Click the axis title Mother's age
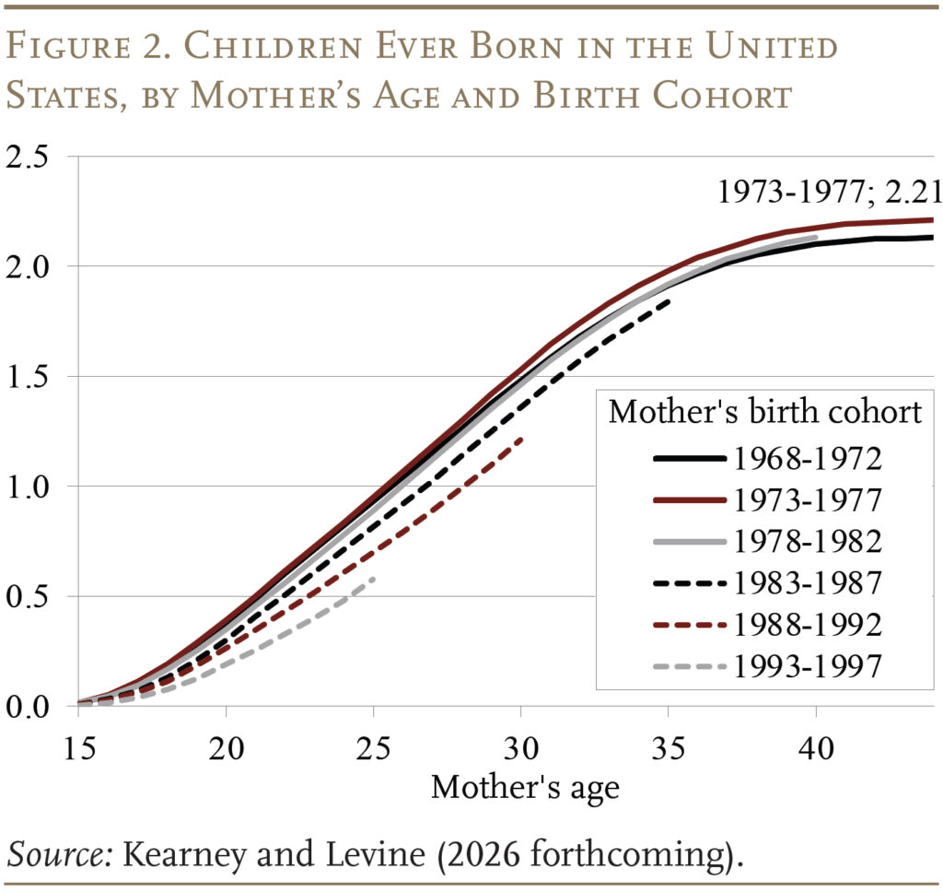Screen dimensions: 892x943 pyautogui.click(x=525, y=787)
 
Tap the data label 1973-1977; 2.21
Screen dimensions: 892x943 pyautogui.click(x=828, y=192)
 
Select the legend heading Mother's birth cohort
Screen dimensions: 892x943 pyautogui.click(x=764, y=412)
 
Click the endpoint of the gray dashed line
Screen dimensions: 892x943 pyautogui.click(x=373, y=578)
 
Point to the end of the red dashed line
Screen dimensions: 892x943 pyautogui.click(x=521, y=439)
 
